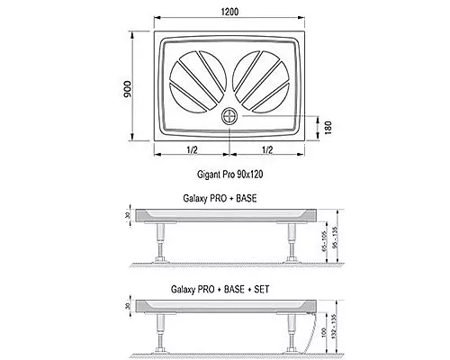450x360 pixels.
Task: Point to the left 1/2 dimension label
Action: (192, 149)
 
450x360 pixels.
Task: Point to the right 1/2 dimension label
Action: (267, 149)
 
